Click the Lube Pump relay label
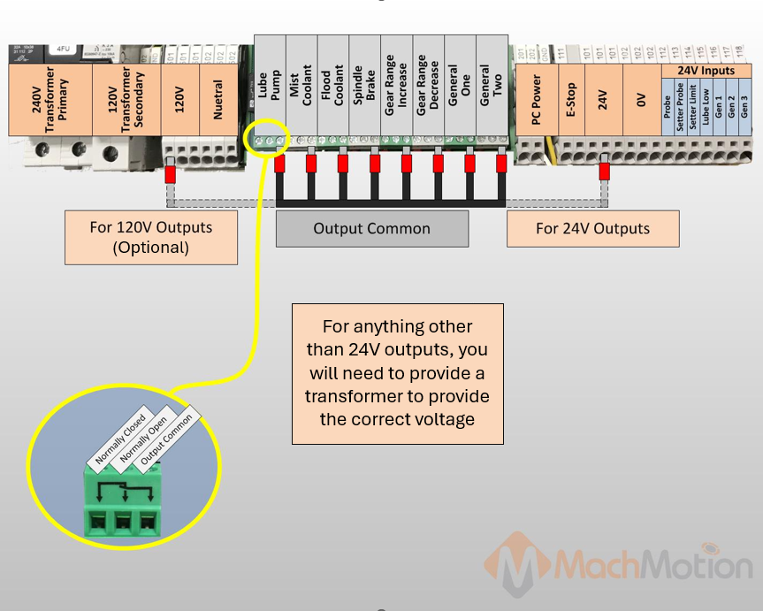click(270, 85)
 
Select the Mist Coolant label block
click(301, 85)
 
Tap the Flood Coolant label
click(333, 85)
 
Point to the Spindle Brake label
click(365, 85)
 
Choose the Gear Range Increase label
click(396, 85)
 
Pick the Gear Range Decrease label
click(428, 85)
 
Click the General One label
click(460, 85)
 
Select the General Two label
click(492, 85)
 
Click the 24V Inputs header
click(706, 70)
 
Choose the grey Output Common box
click(371, 229)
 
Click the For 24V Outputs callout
click(592, 229)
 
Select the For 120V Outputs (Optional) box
click(151, 237)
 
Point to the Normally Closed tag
click(122, 439)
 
